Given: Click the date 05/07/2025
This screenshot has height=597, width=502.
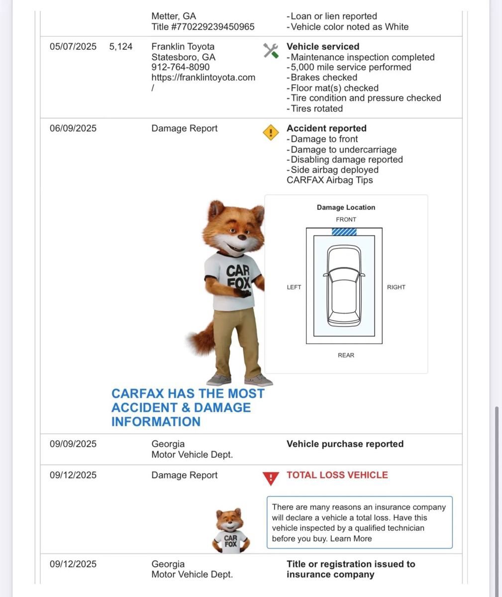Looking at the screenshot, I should click(73, 47).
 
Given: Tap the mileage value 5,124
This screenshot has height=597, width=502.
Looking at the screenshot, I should click(121, 47).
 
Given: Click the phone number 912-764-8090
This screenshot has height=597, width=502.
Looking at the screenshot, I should click(181, 67).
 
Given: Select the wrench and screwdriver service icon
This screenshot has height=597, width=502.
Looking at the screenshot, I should click(271, 50).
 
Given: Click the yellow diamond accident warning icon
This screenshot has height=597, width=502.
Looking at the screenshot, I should click(271, 132).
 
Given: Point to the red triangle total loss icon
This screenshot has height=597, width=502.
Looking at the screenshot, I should click(270, 479).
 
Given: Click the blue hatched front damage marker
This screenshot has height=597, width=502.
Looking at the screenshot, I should click(344, 231).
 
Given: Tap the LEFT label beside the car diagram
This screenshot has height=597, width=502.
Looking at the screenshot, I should click(294, 287).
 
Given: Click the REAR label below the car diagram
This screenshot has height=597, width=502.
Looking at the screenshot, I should click(346, 355).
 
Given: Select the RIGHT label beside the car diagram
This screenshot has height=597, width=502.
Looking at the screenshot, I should click(396, 287).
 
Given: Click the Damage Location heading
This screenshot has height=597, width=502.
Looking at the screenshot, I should click(346, 207).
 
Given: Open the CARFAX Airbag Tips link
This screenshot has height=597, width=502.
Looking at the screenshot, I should click(329, 180).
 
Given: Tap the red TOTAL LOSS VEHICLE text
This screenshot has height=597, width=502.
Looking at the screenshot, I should click(337, 475).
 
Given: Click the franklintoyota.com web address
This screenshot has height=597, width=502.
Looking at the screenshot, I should click(203, 78).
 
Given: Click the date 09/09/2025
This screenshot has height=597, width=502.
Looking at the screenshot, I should click(73, 444).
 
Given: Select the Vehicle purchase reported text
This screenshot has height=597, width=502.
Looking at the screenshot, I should click(345, 444).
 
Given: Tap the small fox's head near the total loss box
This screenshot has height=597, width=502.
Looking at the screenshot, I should click(229, 519).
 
